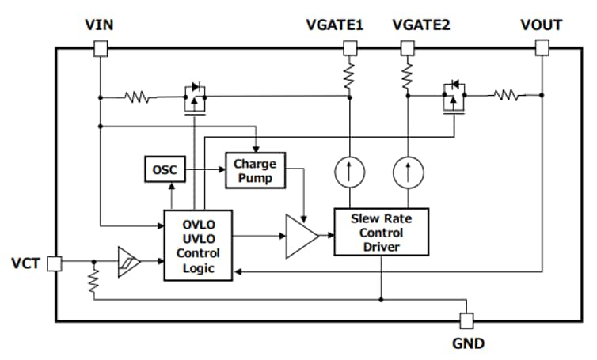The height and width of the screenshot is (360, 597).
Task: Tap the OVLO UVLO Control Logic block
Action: pos(198,244)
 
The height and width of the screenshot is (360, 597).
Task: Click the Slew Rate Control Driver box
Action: pos(381,233)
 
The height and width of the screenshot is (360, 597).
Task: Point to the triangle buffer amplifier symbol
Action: pos(300,236)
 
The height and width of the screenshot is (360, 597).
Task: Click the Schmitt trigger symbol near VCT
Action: pos(127,261)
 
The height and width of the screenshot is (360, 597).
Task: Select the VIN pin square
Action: pos(100,48)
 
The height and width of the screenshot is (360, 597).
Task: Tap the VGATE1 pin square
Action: pos(349,48)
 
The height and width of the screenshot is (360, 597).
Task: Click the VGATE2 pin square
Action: pos(407,48)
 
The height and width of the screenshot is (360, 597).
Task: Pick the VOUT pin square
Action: pos(542,48)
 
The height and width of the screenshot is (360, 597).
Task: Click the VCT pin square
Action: pos(54,263)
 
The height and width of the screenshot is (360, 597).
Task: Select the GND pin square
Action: pos(467,320)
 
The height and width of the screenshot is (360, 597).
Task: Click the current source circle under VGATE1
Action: pos(349,172)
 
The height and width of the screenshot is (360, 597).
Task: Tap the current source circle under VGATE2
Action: pos(407,172)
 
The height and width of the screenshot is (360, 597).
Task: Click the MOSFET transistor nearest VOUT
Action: pos(454,98)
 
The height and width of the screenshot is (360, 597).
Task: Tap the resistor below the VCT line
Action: pos(93,280)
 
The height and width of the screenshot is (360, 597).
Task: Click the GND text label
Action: pos(467,343)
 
